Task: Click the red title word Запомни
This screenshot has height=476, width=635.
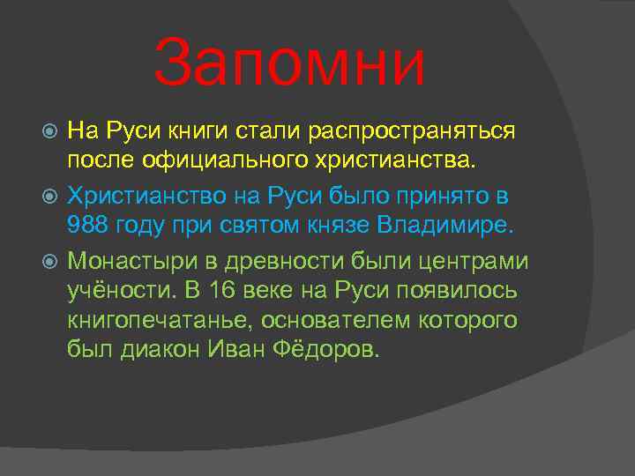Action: pyautogui.click(x=288, y=63)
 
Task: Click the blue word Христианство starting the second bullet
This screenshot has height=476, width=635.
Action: pyautogui.click(x=142, y=194)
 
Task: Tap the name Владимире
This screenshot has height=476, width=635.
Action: pyautogui.click(x=444, y=224)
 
